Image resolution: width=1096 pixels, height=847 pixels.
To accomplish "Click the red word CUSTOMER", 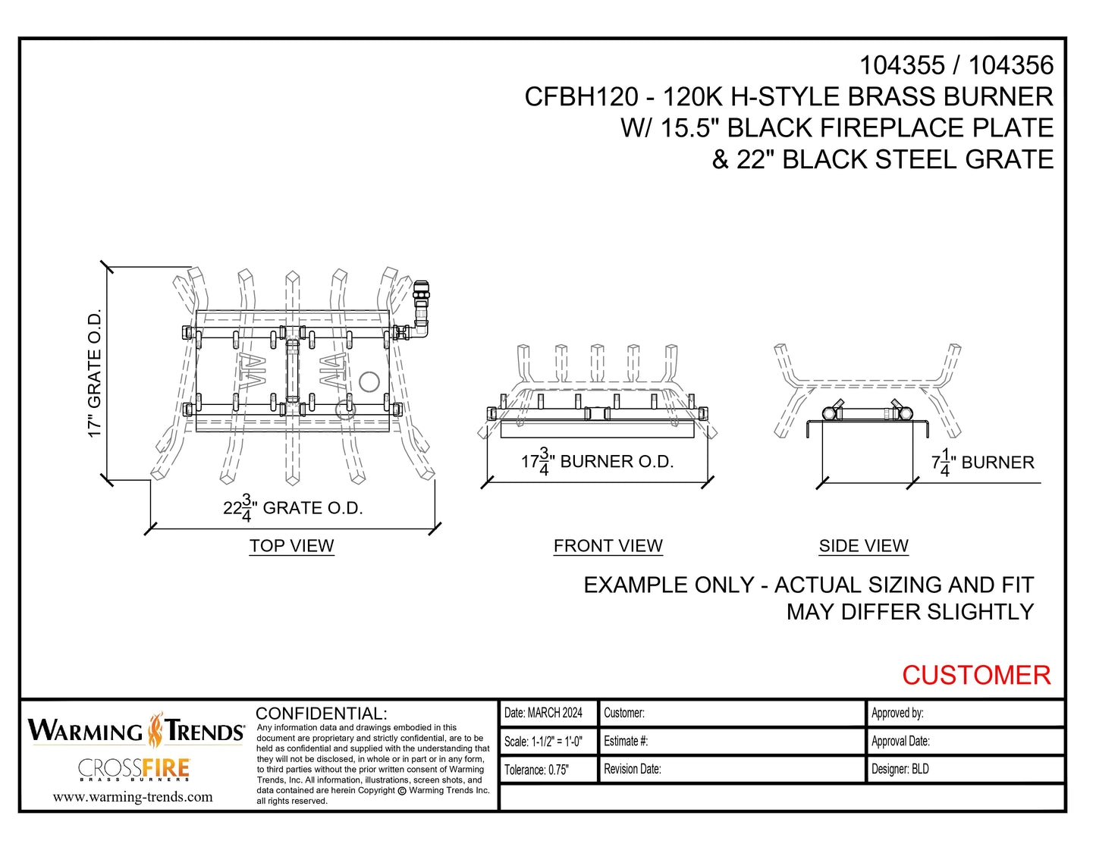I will click(975, 675).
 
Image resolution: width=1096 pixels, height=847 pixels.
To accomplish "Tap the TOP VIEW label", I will click(291, 546).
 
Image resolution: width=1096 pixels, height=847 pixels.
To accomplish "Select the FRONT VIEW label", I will click(608, 546).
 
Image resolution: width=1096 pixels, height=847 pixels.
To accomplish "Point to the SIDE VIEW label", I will click(863, 546).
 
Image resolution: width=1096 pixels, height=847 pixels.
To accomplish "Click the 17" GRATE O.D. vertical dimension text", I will click(94, 373).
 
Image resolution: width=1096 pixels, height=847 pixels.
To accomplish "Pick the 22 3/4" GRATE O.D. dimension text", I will click(293, 508).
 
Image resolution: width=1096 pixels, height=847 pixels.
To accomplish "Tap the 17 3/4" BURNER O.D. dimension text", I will click(597, 462).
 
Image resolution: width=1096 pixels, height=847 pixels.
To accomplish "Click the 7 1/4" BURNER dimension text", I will click(982, 463).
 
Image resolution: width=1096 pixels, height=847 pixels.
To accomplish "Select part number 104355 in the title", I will click(901, 66).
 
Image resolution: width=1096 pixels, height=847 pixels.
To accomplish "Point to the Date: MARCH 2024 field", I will click(543, 713).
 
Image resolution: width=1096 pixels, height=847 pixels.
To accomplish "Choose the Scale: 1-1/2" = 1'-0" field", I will click(543, 742).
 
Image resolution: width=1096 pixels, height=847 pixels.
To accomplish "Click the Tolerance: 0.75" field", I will click(536, 770).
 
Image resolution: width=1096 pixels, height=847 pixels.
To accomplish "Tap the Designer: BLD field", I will click(900, 769).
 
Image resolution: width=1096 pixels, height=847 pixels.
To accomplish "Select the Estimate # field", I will click(626, 742).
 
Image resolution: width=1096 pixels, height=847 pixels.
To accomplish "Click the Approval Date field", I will click(900, 742).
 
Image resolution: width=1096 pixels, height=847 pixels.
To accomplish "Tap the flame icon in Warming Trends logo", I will click(155, 729).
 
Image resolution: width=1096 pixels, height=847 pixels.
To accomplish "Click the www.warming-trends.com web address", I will click(133, 797).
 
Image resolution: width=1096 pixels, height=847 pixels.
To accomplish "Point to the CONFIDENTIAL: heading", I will click(321, 714).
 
